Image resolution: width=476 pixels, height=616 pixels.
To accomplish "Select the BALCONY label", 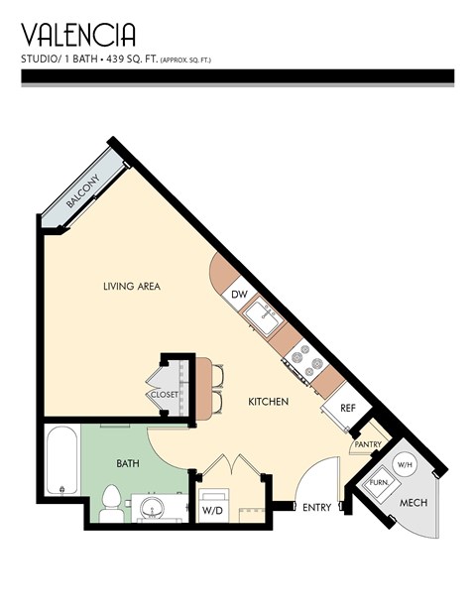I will tap(82, 194).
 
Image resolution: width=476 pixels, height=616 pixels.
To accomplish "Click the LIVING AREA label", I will tap(131, 287).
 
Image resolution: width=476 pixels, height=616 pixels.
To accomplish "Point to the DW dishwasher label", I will tap(239, 295).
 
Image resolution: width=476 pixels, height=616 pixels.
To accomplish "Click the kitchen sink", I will tap(264, 317).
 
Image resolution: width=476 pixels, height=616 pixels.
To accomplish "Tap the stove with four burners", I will tap(306, 362).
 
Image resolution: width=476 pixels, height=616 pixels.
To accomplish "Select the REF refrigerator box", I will tap(347, 408).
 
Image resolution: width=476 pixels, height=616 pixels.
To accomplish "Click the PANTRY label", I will tap(367, 444).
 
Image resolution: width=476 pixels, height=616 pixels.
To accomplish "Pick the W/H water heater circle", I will tap(405, 464).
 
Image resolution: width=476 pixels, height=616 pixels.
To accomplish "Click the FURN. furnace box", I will tap(380, 484).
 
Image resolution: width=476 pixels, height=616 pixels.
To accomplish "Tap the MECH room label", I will tap(413, 503).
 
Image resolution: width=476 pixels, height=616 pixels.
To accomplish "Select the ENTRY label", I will tap(316, 507).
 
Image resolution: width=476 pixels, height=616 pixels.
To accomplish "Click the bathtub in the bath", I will tap(61, 461).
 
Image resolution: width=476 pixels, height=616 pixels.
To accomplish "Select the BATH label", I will tap(129, 463).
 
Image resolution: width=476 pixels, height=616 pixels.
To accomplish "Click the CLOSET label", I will tap(164, 395).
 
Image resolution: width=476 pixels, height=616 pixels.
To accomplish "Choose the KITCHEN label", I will tap(268, 402).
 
